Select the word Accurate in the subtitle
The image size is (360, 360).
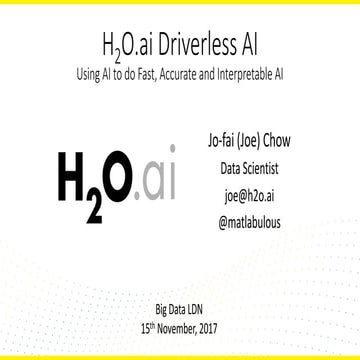(197, 73)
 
